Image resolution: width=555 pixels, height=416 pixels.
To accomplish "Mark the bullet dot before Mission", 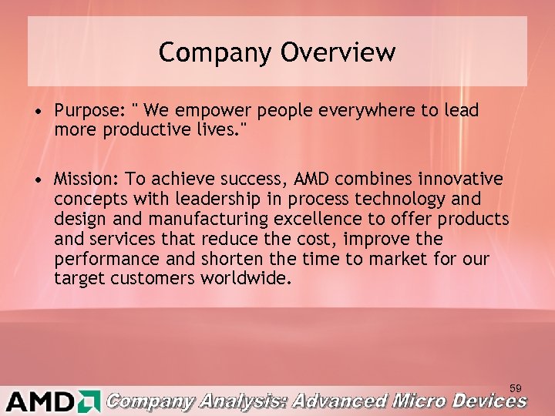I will click(37, 181).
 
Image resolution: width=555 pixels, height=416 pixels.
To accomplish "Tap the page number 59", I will click(515, 385).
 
